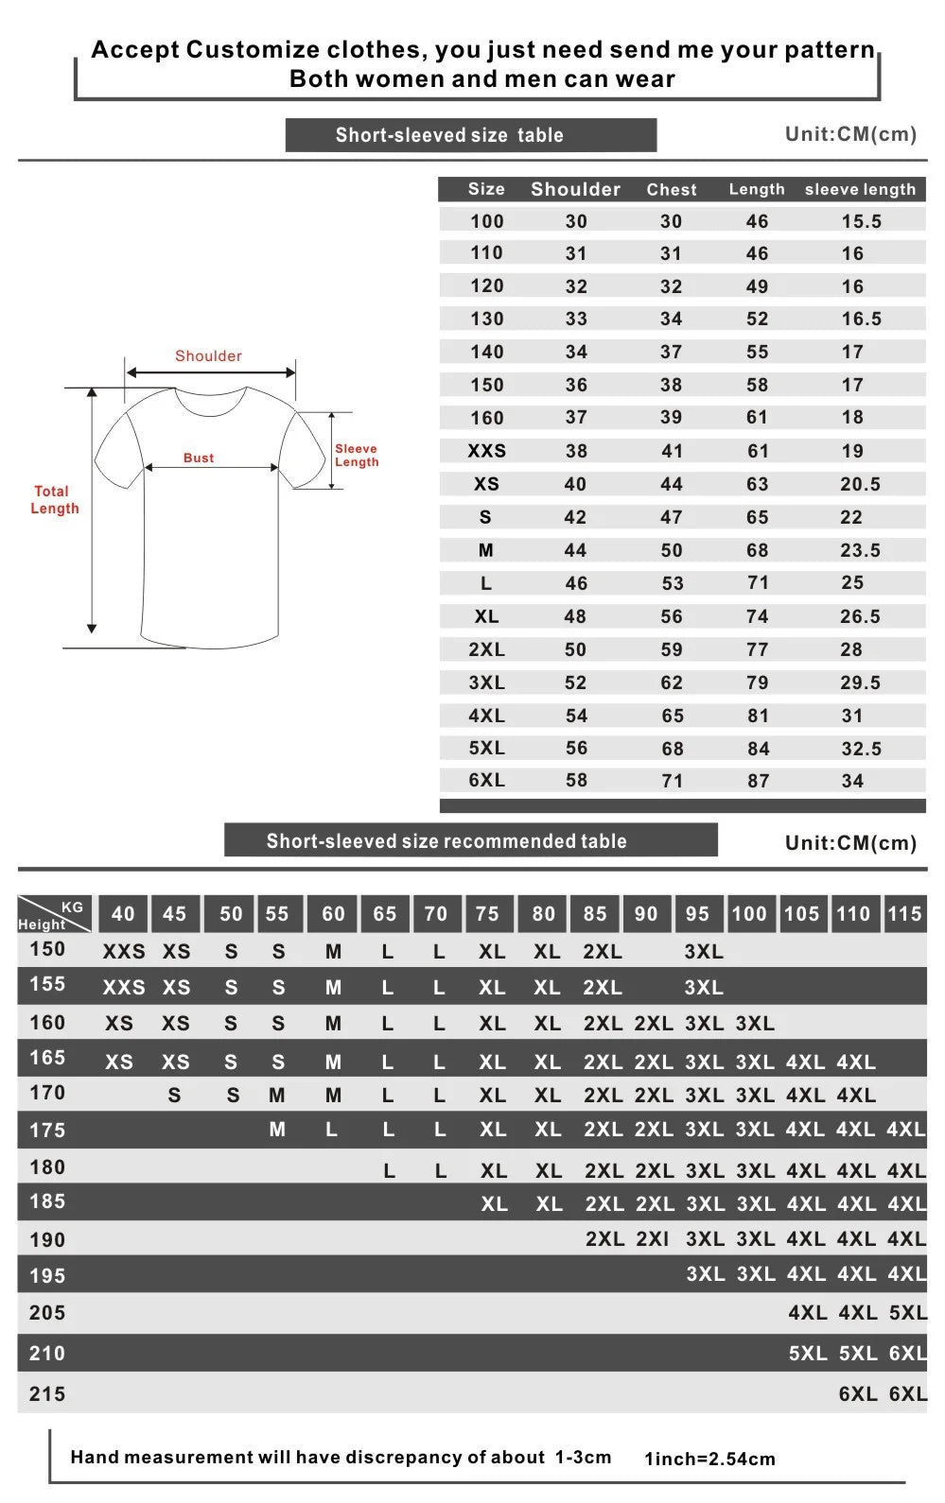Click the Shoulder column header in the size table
point(575,189)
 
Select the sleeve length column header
point(860,189)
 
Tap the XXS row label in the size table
point(486,451)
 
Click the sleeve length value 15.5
point(861,221)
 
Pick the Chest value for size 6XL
point(672,781)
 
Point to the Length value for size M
point(758,550)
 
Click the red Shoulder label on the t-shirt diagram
point(208,356)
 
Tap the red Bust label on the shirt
point(199,458)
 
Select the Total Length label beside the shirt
point(54,500)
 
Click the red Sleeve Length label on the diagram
point(357,456)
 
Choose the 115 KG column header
point(904,914)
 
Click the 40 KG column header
point(123,914)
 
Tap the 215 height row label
point(47,1393)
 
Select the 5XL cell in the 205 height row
point(907,1313)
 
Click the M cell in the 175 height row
point(277,1130)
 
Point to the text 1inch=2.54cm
point(709,1459)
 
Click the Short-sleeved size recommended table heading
point(446,841)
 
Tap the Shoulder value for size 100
point(576,221)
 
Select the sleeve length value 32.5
point(861,749)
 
